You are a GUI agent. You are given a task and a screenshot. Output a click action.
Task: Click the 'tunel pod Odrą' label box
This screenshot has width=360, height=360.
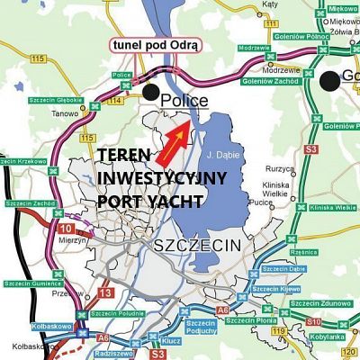(x=156, y=44)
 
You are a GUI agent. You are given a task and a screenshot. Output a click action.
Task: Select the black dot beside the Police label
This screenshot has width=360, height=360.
(x=150, y=92)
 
